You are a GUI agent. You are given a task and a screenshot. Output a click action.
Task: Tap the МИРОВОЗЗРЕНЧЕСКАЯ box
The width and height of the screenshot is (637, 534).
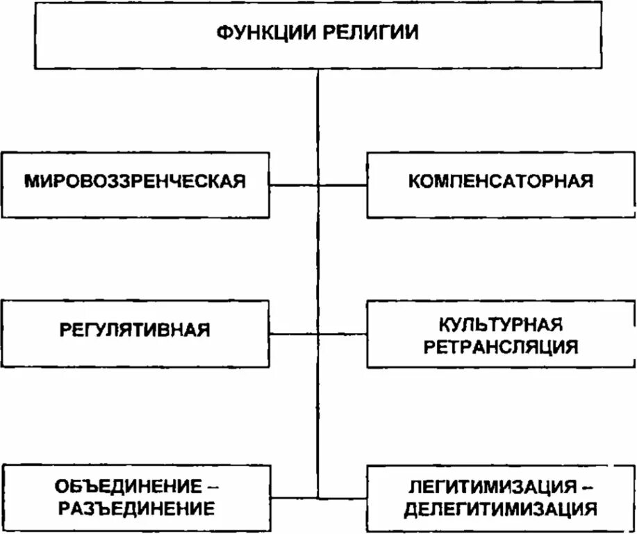click(x=135, y=182)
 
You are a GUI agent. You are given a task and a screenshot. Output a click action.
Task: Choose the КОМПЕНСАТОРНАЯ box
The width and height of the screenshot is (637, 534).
click(x=500, y=182)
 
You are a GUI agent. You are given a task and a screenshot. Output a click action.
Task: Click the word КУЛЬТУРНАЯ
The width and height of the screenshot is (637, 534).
click(x=500, y=324)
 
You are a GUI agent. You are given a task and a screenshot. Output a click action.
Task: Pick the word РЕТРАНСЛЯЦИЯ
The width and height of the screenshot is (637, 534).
click(x=500, y=346)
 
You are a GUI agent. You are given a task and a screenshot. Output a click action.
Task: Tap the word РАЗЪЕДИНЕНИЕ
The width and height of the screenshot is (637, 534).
click(x=135, y=508)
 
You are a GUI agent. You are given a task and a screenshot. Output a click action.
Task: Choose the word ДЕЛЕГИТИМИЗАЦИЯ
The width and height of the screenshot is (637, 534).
click(x=500, y=508)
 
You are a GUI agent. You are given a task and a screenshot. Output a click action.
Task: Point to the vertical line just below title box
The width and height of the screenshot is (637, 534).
click(x=317, y=104)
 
